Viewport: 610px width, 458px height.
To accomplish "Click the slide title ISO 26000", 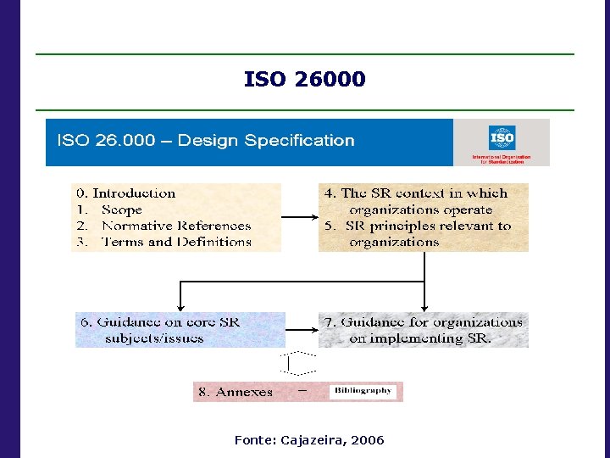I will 304,80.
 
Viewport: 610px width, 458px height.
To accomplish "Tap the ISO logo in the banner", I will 502,138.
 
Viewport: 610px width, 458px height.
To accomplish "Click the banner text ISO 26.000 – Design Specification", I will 205,141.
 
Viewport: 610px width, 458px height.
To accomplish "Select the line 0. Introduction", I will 133,193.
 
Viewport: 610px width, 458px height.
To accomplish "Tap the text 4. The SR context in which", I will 416,193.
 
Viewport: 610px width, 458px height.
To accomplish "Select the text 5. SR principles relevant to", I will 419,226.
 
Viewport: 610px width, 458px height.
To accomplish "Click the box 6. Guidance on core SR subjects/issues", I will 180,330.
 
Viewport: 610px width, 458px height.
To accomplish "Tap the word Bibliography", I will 363,391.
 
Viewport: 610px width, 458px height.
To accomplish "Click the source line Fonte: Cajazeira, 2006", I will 308,440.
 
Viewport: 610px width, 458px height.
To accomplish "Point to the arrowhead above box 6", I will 179,307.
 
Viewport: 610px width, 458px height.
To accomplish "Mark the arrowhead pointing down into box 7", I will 424,307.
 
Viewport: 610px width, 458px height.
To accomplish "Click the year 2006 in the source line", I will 368,440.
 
